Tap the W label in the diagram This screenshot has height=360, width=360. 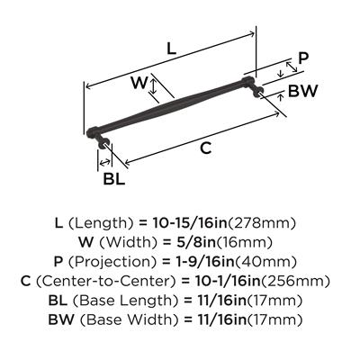click(138, 84)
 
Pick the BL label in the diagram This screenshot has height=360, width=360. click(113, 179)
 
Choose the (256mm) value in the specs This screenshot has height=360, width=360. click(293, 282)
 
